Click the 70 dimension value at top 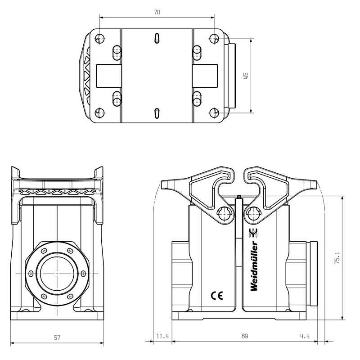point(157,13)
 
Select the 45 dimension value point(245,76)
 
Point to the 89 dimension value point(244,336)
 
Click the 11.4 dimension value point(162,336)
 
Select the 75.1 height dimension point(337,260)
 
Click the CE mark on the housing point(217,296)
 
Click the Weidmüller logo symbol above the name point(253,233)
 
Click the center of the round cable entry point(57,273)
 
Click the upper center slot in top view point(157,39)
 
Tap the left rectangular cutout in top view point(109,75)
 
